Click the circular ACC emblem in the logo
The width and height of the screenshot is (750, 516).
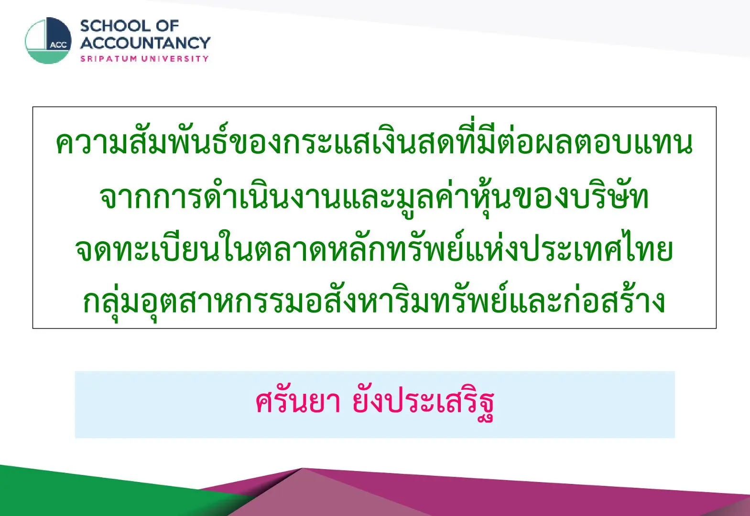click(x=48, y=41)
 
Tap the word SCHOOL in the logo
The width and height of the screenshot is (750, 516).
click(x=115, y=26)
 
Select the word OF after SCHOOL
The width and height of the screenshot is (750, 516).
click(x=167, y=26)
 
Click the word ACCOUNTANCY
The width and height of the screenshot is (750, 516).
click(x=145, y=43)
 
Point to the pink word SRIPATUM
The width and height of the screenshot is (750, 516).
click(x=109, y=59)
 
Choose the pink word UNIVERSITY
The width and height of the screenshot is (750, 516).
click(x=175, y=59)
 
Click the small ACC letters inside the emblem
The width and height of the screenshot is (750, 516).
click(x=59, y=45)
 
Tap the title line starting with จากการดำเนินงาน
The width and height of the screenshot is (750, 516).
click(x=374, y=197)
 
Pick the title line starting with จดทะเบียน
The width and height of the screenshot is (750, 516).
click(x=374, y=249)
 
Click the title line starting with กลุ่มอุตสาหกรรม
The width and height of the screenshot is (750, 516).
click(x=374, y=301)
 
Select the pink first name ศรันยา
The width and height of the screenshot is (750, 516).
click(x=298, y=401)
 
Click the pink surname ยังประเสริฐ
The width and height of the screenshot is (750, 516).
click(x=423, y=403)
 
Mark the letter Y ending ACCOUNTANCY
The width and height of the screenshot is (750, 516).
click(x=203, y=43)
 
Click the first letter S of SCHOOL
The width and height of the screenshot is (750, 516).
click(x=86, y=26)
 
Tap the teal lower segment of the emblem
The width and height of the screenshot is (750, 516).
click(x=49, y=57)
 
